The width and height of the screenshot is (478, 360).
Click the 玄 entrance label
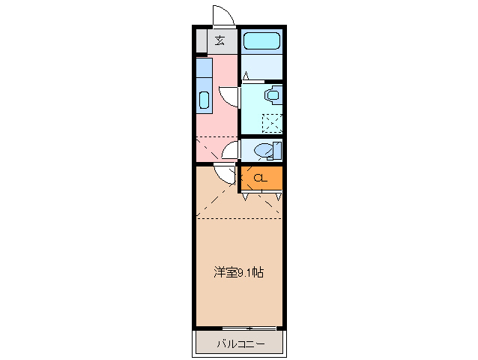220,40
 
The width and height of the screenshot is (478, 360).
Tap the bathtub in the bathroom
261,41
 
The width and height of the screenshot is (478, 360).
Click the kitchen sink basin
203,100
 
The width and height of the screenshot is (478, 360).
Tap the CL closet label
259,178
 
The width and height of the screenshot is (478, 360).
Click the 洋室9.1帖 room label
238,273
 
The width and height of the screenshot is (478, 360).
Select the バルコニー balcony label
240,344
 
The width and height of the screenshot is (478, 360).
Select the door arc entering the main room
223,175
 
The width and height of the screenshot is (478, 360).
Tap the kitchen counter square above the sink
203,68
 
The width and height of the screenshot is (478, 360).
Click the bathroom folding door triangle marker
245,76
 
